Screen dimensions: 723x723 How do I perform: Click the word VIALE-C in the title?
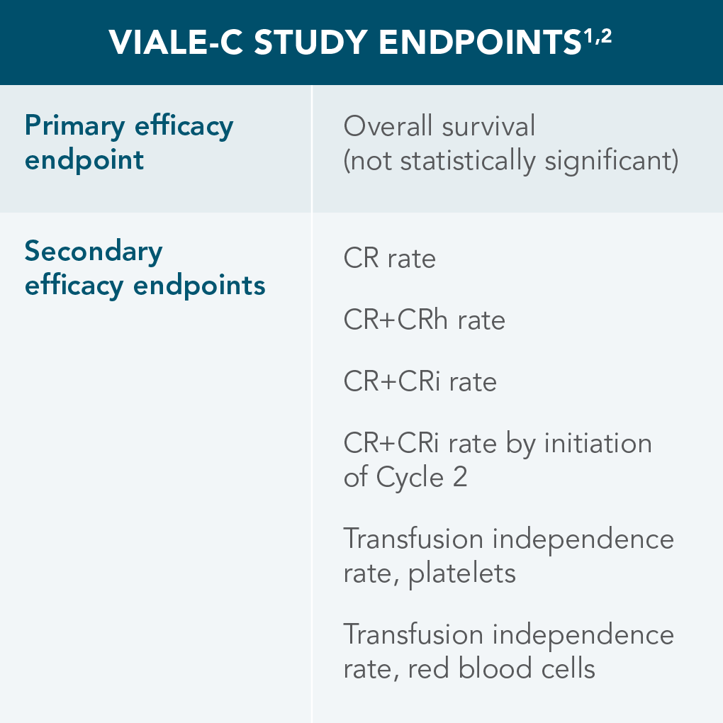(176, 43)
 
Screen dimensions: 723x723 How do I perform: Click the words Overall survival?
(439, 126)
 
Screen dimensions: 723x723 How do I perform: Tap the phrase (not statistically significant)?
(510, 161)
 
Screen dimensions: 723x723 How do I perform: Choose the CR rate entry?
(390, 258)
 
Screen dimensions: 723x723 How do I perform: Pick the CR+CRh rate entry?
(424, 320)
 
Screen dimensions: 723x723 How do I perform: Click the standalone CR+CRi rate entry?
(420, 382)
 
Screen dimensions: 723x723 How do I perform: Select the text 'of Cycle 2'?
(405, 477)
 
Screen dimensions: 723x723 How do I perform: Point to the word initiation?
(598, 444)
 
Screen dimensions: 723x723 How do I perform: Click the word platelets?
(461, 573)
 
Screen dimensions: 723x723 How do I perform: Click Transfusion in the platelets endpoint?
(413, 539)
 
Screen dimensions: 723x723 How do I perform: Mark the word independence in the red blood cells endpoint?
(583, 634)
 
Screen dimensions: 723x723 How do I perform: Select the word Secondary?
(94, 252)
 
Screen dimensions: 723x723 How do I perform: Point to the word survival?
(488, 126)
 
